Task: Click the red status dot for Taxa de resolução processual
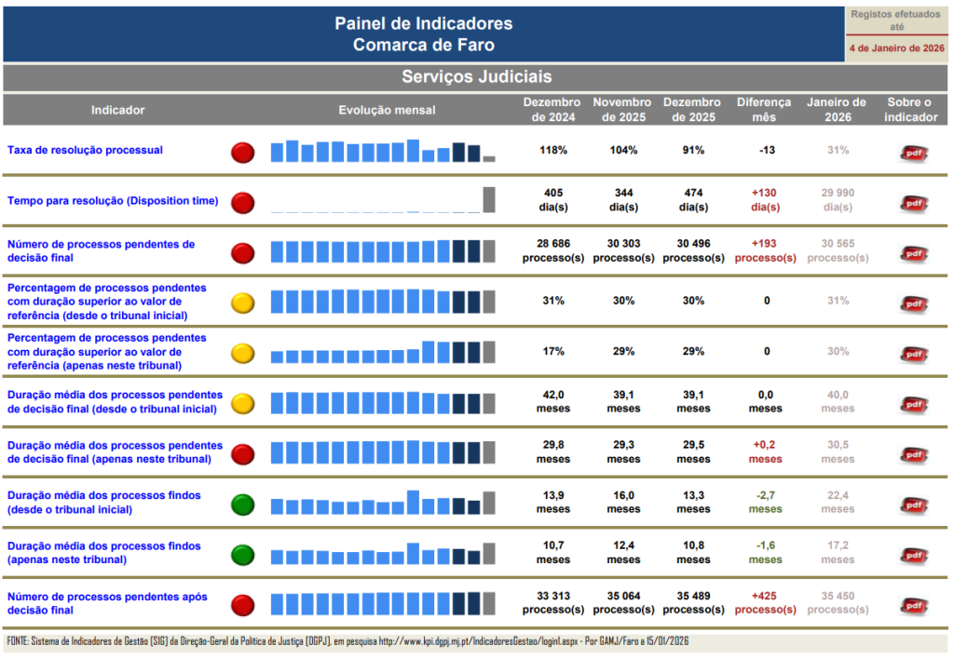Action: click(242, 152)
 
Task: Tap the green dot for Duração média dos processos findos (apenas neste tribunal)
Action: click(242, 555)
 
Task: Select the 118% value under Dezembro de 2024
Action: click(553, 150)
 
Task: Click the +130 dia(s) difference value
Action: click(765, 199)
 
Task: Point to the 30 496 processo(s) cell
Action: click(693, 250)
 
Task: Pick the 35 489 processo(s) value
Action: click(693, 603)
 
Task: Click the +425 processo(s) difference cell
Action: click(765, 603)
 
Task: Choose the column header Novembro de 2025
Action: click(622, 110)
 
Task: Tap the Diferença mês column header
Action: click(764, 110)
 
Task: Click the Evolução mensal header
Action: click(387, 110)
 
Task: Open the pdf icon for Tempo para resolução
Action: click(913, 202)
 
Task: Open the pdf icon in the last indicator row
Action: click(913, 605)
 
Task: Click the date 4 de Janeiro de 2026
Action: click(896, 47)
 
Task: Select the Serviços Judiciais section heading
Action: click(476, 77)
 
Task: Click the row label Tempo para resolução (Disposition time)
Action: click(113, 200)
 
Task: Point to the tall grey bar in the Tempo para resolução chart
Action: click(489, 200)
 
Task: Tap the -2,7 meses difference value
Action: click(765, 503)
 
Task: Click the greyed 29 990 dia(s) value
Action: click(838, 199)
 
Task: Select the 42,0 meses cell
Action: click(553, 401)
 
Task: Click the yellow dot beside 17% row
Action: click(242, 353)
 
